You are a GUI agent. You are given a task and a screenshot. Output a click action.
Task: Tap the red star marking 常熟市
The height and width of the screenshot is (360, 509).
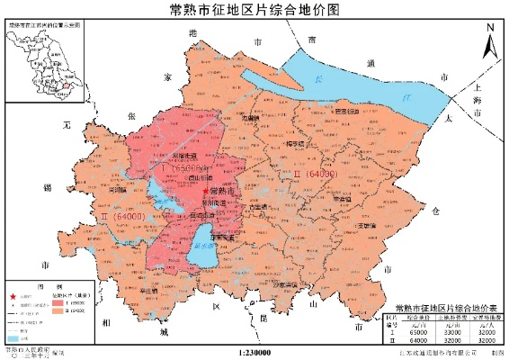tap(206, 192)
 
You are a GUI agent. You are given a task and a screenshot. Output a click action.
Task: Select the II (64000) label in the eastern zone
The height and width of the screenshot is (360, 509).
tap(317, 174)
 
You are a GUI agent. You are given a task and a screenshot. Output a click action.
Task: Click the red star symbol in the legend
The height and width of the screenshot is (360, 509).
tap(13, 297)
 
